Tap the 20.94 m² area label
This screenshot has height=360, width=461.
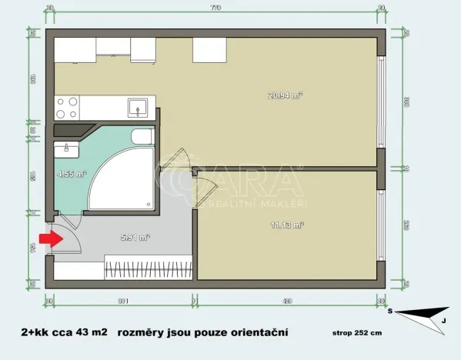click(285, 95)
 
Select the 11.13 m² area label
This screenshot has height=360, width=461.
click(288, 225)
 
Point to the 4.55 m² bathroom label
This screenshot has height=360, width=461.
click(69, 174)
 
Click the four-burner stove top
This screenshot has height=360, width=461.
click(66, 103)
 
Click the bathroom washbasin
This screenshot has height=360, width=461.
click(66, 148)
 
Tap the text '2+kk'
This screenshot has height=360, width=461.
click(36, 332)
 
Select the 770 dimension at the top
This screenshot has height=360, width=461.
click(215, 8)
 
